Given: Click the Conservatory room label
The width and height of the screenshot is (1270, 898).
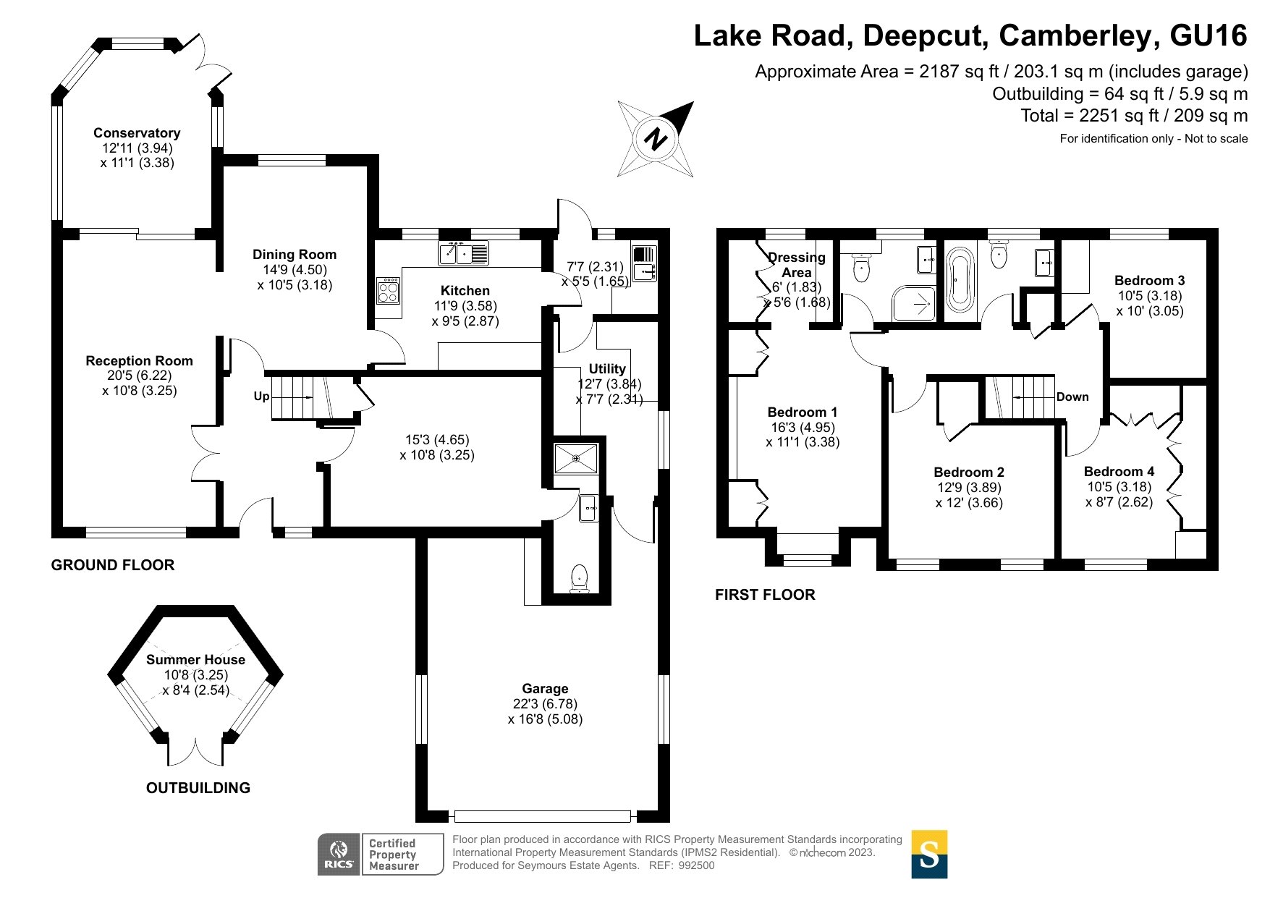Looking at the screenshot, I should pyautogui.click(x=137, y=133).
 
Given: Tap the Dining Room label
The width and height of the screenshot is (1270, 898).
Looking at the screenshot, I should pyautogui.click(x=295, y=255).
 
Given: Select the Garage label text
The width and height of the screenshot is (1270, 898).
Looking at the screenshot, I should pyautogui.click(x=545, y=689).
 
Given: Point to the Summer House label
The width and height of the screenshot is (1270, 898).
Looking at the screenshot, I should pyautogui.click(x=195, y=660).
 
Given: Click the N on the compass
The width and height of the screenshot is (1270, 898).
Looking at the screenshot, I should pyautogui.click(x=656, y=138).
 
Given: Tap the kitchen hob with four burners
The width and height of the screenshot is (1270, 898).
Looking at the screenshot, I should pyautogui.click(x=389, y=292).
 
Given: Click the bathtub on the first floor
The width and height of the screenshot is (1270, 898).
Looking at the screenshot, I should pyautogui.click(x=960, y=280).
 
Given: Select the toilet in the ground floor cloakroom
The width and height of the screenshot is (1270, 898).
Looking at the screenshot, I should pyautogui.click(x=579, y=579).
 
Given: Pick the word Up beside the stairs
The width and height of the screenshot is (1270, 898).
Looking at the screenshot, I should pyautogui.click(x=261, y=397).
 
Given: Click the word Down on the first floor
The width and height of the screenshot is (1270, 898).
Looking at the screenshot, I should pyautogui.click(x=1072, y=397).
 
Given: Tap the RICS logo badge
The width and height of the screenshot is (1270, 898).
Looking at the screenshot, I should pyautogui.click(x=339, y=855).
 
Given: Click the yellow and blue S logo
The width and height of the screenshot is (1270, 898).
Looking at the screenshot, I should pyautogui.click(x=929, y=855).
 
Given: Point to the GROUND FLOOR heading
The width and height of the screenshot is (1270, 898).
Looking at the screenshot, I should pyautogui.click(x=113, y=565).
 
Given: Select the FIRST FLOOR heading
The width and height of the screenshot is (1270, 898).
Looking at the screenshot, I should pyautogui.click(x=765, y=595).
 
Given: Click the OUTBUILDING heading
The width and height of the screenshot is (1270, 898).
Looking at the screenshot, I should pyautogui.click(x=198, y=788).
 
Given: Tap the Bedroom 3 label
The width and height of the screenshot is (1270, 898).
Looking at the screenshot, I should pyautogui.click(x=1149, y=281).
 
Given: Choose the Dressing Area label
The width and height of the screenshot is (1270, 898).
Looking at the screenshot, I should pyautogui.click(x=796, y=265).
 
